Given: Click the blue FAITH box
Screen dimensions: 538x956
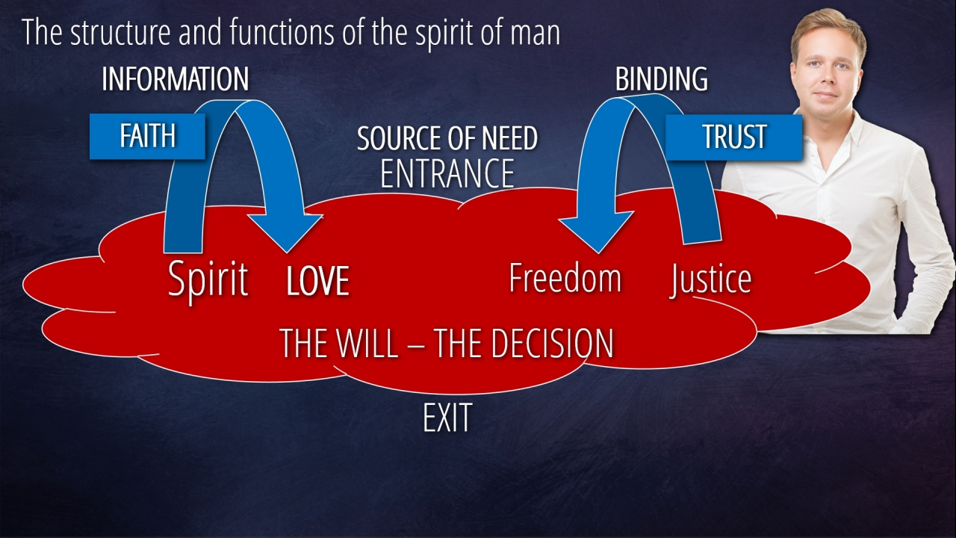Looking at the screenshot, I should pyautogui.click(x=147, y=136).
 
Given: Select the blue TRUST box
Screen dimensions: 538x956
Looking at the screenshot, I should pyautogui.click(x=733, y=137).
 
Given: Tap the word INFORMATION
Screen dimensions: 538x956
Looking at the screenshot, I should pyautogui.click(x=175, y=79).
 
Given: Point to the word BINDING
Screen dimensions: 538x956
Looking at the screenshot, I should pyautogui.click(x=661, y=79).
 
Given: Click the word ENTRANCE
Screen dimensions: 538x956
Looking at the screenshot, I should pyautogui.click(x=447, y=173).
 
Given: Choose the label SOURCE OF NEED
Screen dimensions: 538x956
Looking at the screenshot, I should pyautogui.click(x=447, y=139).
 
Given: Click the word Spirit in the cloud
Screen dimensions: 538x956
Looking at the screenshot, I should pyautogui.click(x=208, y=279).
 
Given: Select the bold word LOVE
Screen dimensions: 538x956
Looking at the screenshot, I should pyautogui.click(x=317, y=281).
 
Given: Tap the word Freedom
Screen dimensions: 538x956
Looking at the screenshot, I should pyautogui.click(x=565, y=278).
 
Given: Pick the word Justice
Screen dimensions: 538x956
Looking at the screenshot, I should pyautogui.click(x=710, y=279).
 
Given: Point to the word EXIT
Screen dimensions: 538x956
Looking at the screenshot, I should pyautogui.click(x=447, y=418).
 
